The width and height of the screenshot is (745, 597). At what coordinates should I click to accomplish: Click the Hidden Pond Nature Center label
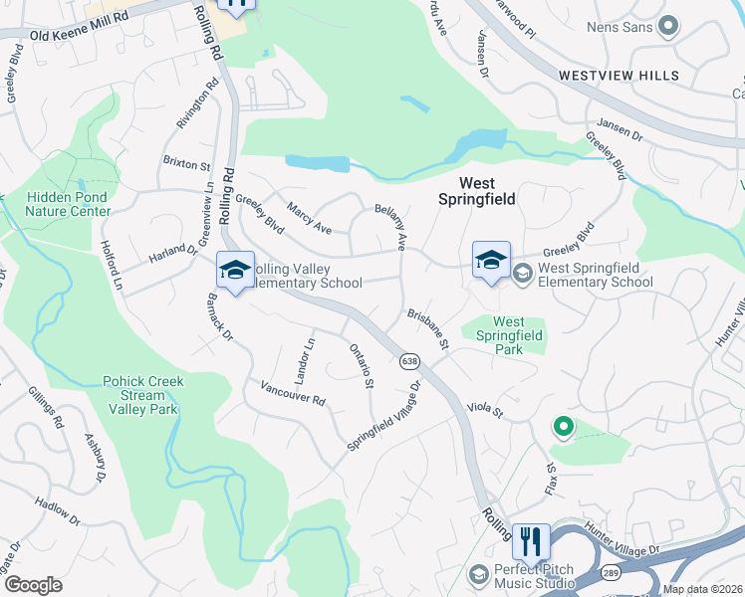click(x=68, y=204)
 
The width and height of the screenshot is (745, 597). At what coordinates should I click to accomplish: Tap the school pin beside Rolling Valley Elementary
click(x=235, y=271)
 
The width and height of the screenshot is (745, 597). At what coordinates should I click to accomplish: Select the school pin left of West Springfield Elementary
click(x=491, y=262)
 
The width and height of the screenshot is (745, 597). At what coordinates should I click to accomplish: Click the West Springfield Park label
click(x=508, y=336)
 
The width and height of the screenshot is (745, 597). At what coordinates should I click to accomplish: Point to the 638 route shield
click(x=408, y=361)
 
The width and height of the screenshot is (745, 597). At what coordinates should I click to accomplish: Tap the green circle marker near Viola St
click(x=563, y=428)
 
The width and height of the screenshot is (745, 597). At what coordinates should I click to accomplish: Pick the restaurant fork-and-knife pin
click(x=531, y=541)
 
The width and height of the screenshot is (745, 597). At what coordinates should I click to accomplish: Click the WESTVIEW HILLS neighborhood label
click(x=619, y=76)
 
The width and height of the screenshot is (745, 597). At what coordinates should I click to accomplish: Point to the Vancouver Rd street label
click(x=293, y=393)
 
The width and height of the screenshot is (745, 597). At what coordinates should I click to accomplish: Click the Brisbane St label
click(x=429, y=329)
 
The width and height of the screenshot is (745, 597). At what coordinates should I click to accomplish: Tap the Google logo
click(x=34, y=585)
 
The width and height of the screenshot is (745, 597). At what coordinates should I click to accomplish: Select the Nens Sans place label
click(x=619, y=27)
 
